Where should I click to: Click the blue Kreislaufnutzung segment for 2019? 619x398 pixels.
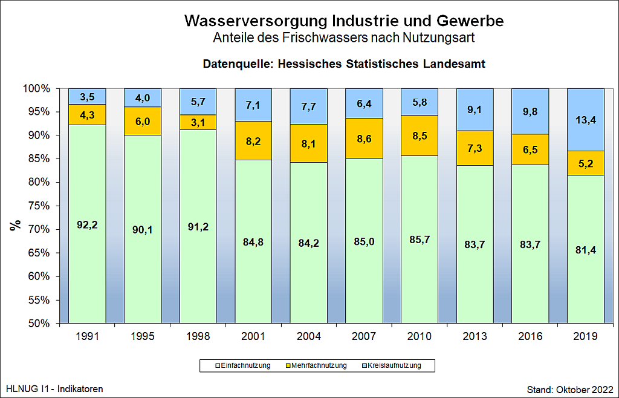pyautogui.click(x=586, y=120)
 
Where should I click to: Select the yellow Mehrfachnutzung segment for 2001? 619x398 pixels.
pyautogui.click(x=254, y=141)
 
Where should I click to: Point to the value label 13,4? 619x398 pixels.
pyautogui.click(x=586, y=120)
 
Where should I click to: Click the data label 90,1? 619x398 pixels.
pyautogui.click(x=143, y=229)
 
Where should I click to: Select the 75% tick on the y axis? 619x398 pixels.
pyautogui.click(x=38, y=206)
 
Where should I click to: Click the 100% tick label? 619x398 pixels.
pyautogui.click(x=37, y=89)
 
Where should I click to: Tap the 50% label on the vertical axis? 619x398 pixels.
pyautogui.click(x=38, y=324)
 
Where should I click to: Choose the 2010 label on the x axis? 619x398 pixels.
pyautogui.click(x=419, y=336)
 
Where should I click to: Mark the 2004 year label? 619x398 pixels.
pyautogui.click(x=309, y=336)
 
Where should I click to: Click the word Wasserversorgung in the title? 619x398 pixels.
pyautogui.click(x=256, y=21)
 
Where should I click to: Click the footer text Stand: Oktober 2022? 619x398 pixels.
pyautogui.click(x=570, y=388)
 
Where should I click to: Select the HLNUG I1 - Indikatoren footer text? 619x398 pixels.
pyautogui.click(x=54, y=388)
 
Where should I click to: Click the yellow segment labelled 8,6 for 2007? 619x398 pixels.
pyautogui.click(x=364, y=138)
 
